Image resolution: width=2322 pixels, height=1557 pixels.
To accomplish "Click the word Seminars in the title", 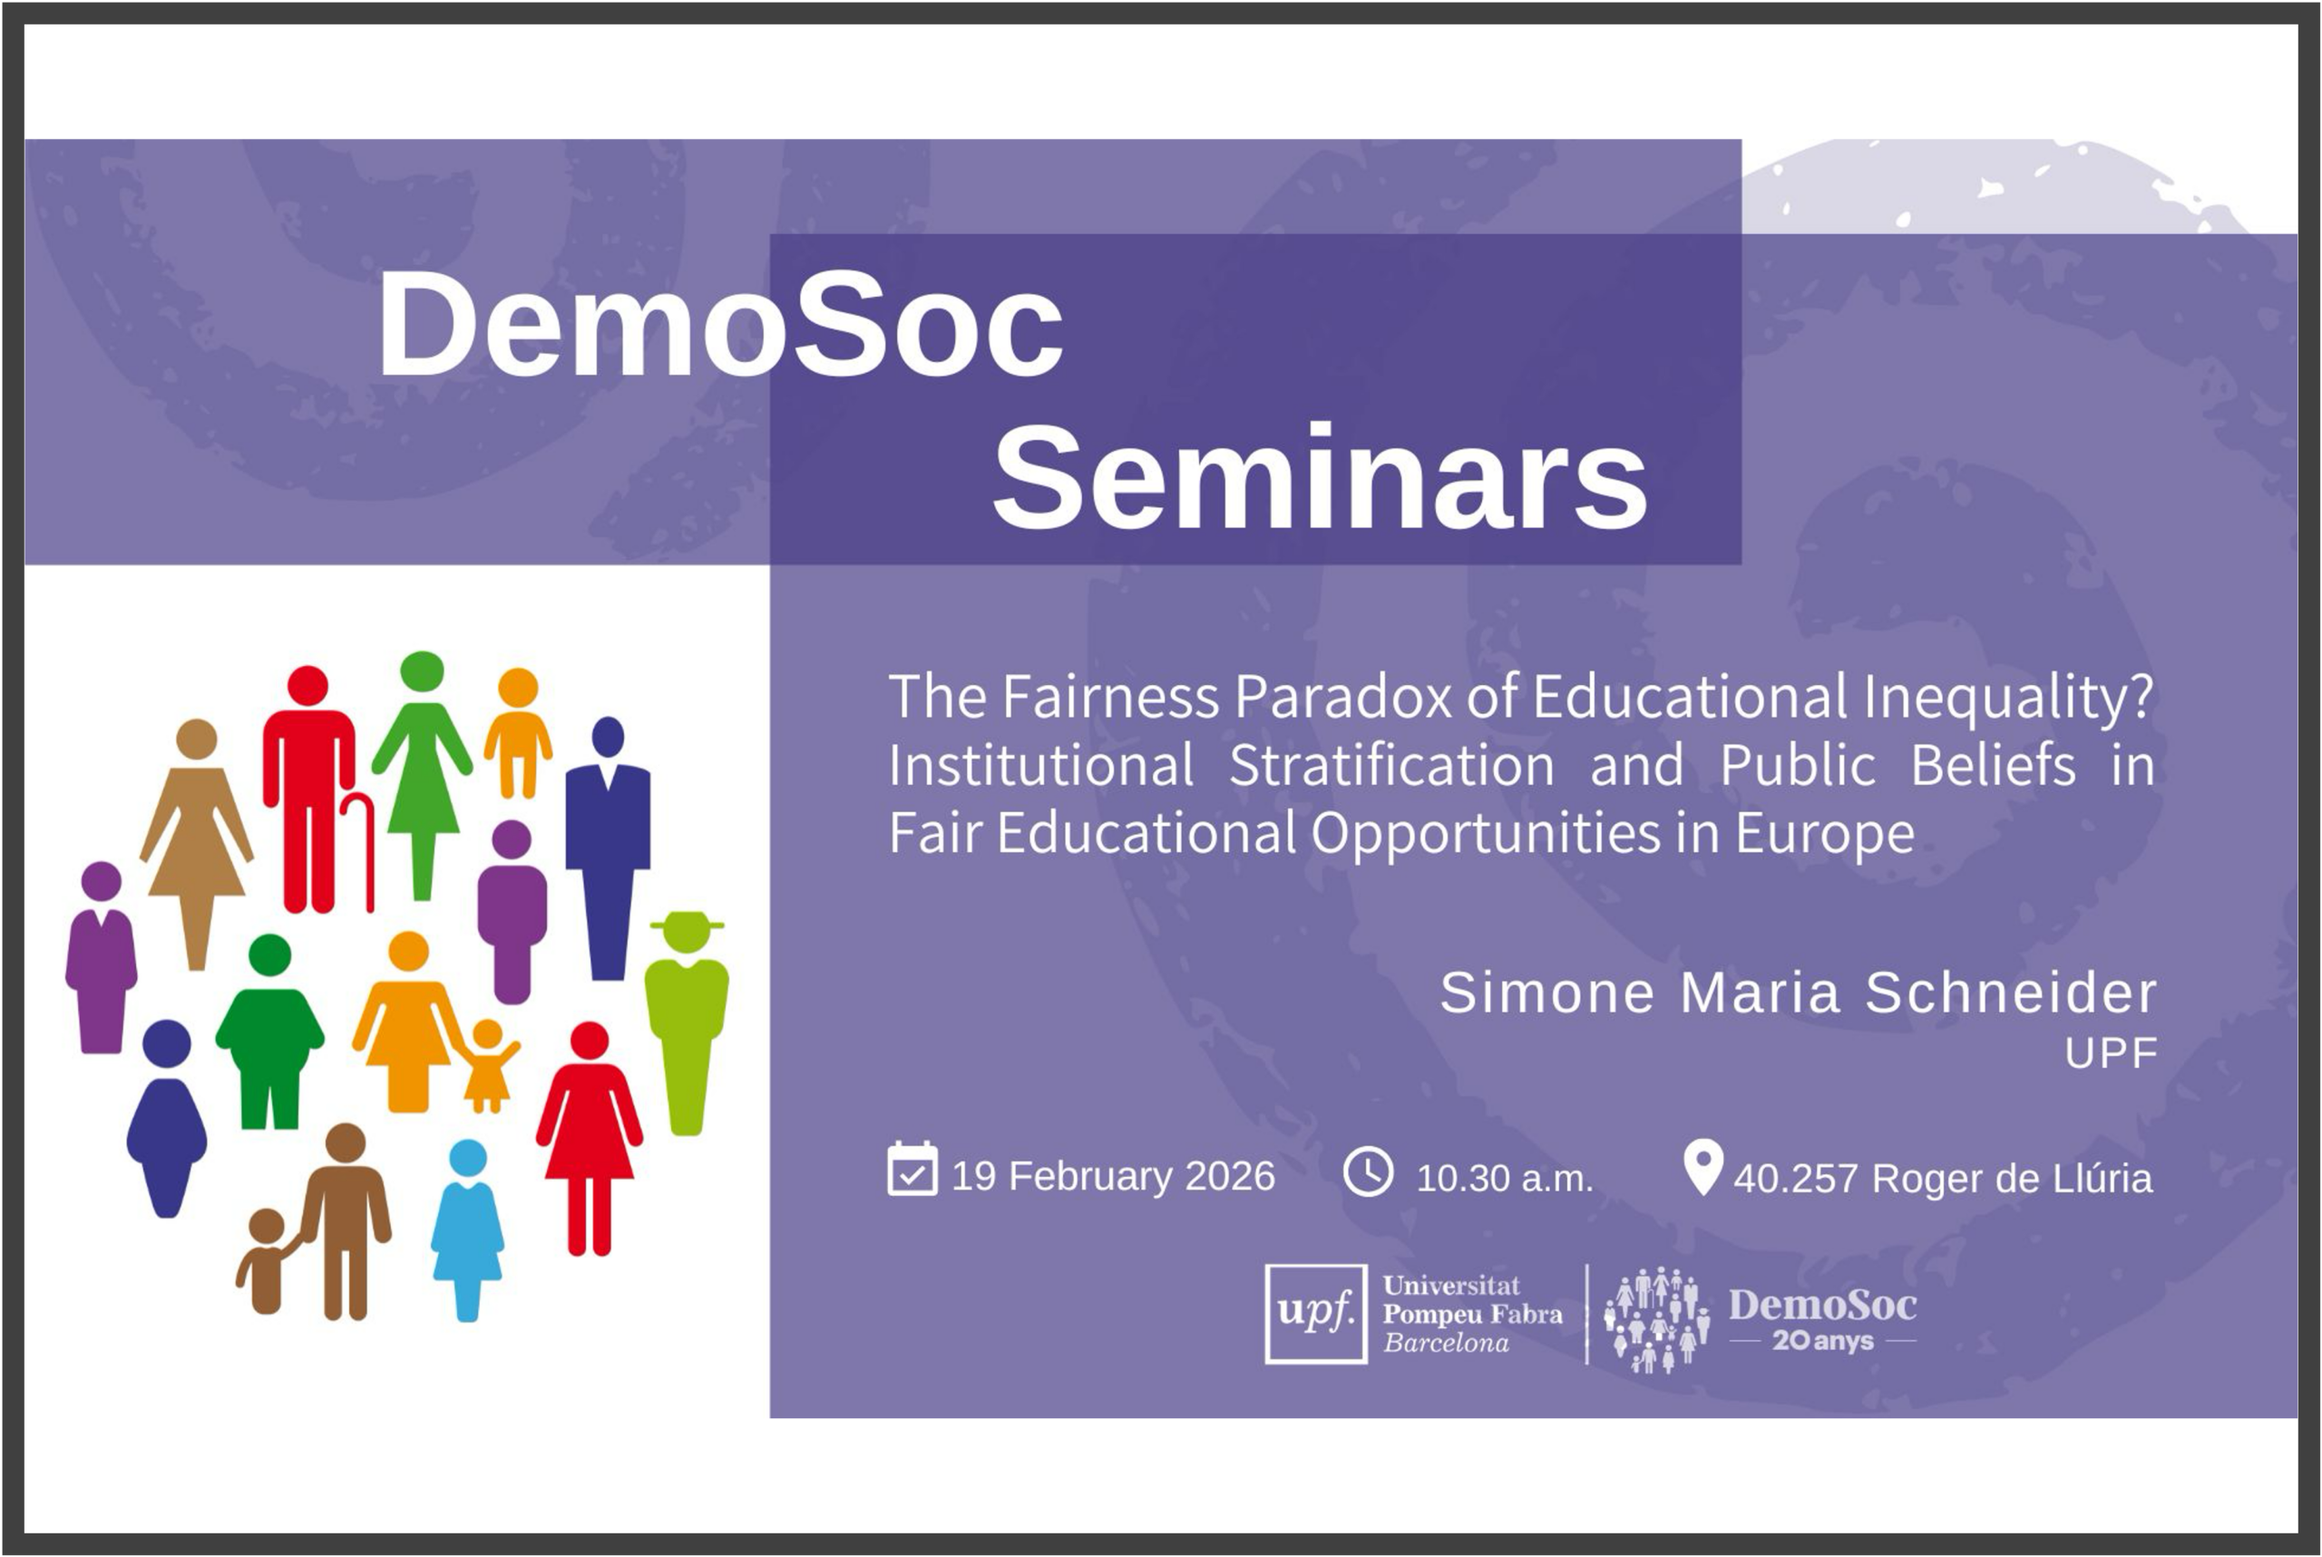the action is click(x=1320, y=477).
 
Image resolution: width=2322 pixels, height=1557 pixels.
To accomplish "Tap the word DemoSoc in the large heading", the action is click(x=720, y=325).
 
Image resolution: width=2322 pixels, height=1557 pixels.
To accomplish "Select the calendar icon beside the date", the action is click(x=912, y=1169).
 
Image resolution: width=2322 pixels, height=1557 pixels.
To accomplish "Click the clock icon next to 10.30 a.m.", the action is click(x=1368, y=1171).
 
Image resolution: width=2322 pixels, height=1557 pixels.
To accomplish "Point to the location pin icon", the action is click(x=1702, y=1167).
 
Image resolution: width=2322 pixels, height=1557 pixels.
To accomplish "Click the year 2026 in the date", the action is click(x=1230, y=1177).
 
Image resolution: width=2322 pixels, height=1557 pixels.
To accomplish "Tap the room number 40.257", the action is click(x=1795, y=1179).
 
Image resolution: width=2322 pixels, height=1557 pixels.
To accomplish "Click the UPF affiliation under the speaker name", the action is click(x=2112, y=1053).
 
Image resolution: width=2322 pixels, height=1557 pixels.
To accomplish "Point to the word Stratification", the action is click(x=1391, y=766).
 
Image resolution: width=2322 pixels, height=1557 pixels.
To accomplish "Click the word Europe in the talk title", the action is click(x=1825, y=834).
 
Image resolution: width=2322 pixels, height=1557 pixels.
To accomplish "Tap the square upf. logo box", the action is click(x=1315, y=1314).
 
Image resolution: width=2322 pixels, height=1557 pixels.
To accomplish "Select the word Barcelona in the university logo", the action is click(x=1447, y=1344).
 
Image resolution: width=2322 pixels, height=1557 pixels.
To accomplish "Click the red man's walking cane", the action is click(x=359, y=850).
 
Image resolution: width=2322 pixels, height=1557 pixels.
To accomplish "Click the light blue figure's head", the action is click(x=468, y=1158).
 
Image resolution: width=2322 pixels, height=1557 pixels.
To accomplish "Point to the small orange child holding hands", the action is click(x=487, y=1065).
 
